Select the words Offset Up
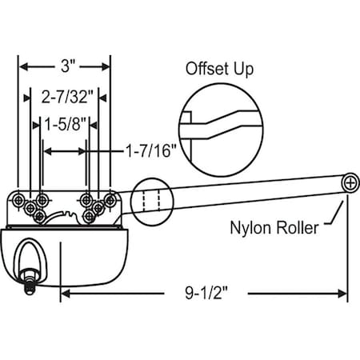[220, 70]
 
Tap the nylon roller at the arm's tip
[350, 182]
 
